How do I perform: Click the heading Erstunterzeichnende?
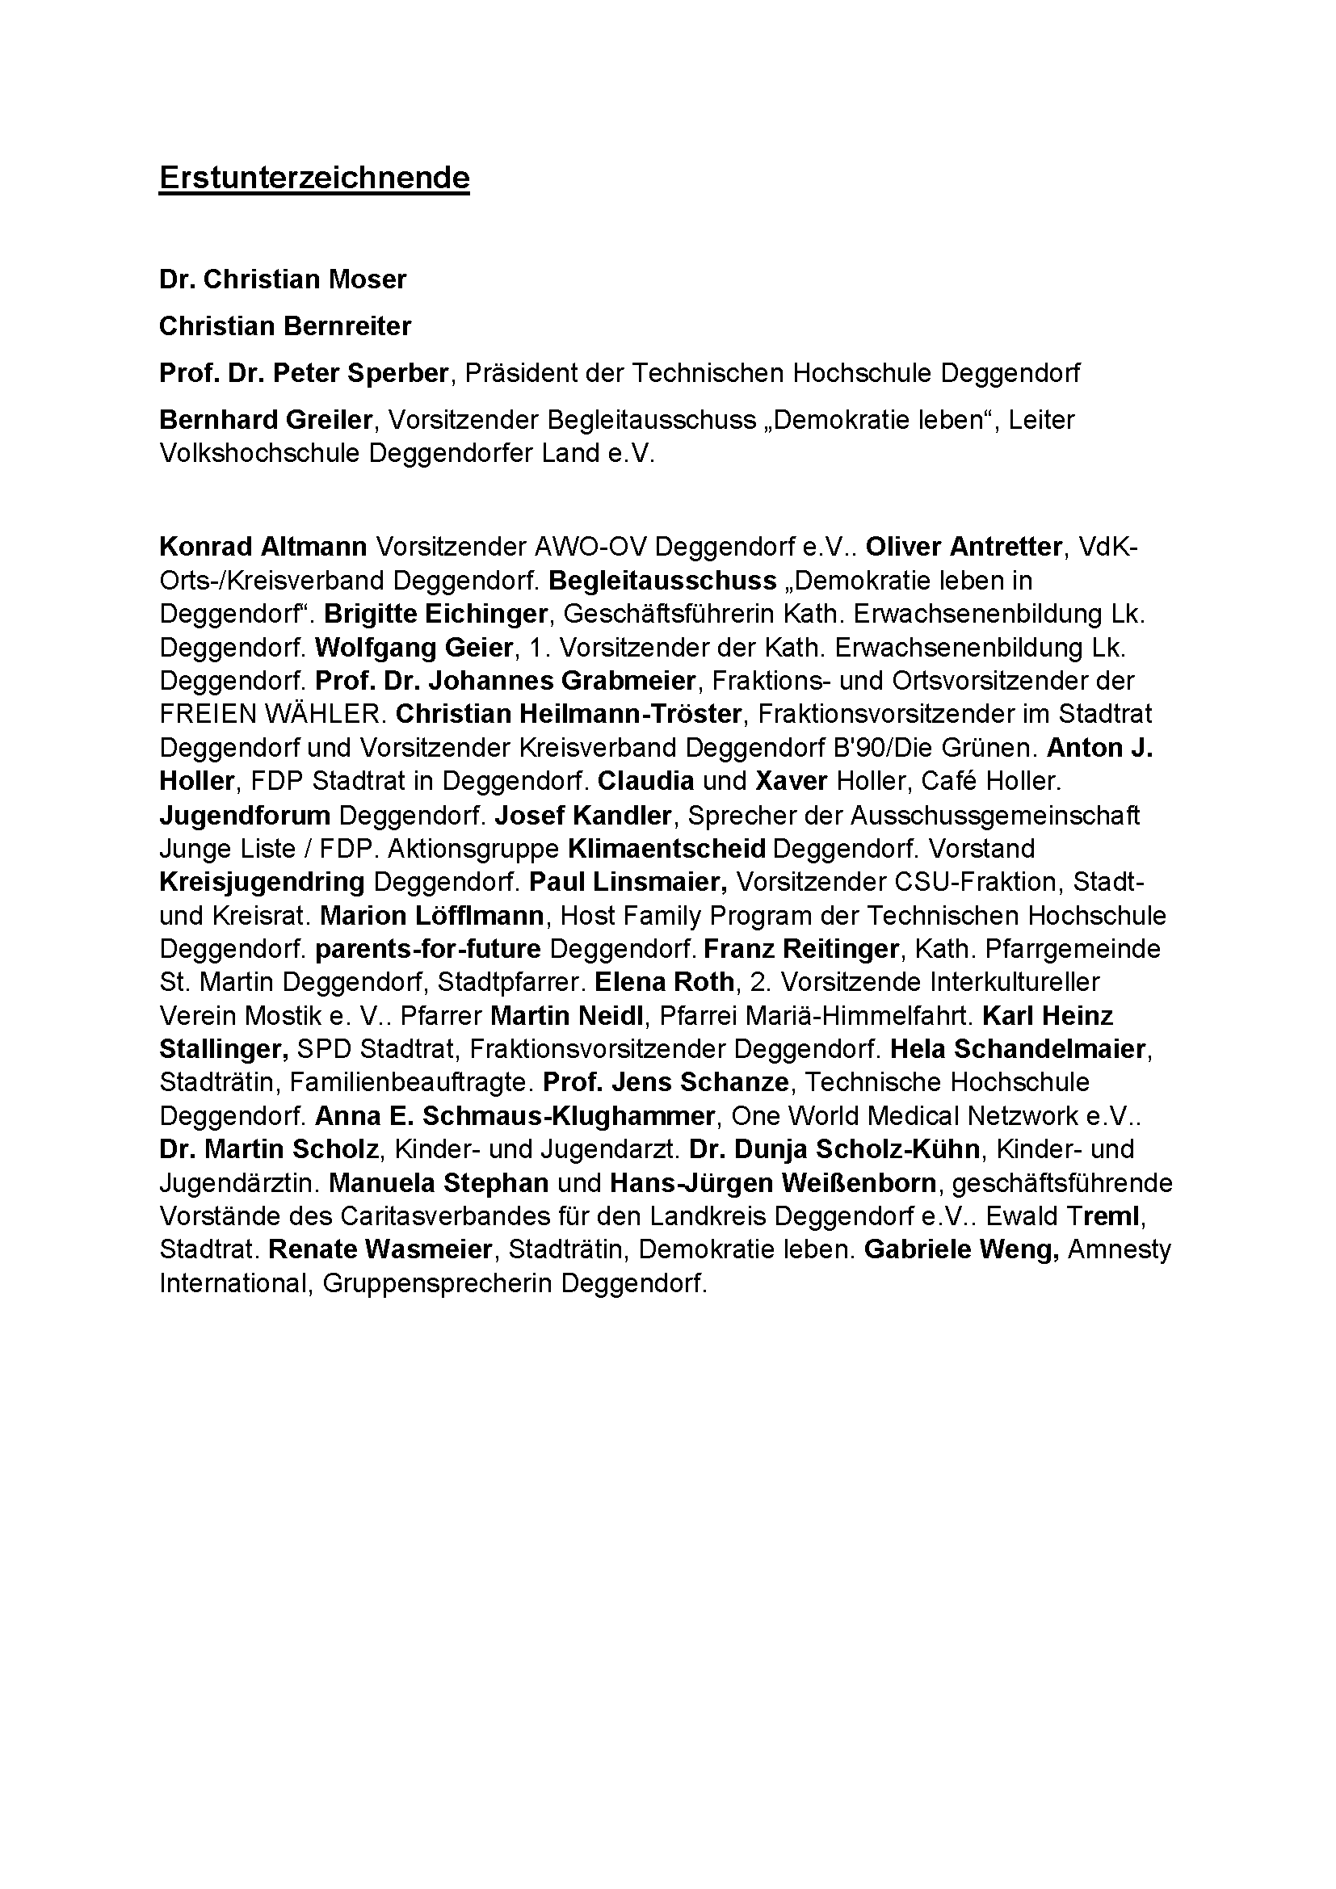314,178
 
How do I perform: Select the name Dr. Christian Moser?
283,279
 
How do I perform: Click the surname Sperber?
397,374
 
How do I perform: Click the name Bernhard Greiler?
266,421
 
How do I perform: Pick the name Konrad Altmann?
263,546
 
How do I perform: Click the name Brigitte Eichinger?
436,614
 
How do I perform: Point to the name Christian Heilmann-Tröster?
569,714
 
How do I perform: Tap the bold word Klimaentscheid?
666,848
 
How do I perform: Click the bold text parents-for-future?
428,949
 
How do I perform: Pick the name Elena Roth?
664,982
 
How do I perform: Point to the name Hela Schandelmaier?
1018,1049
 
